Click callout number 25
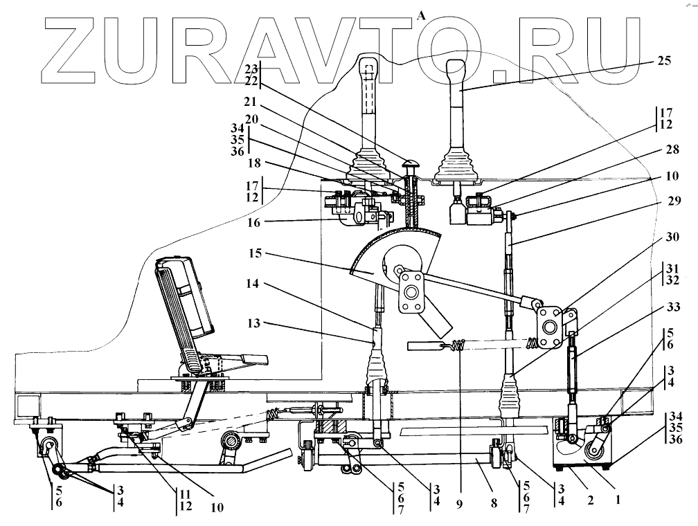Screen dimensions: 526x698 (x=663, y=61)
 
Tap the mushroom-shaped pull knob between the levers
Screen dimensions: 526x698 (x=410, y=167)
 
